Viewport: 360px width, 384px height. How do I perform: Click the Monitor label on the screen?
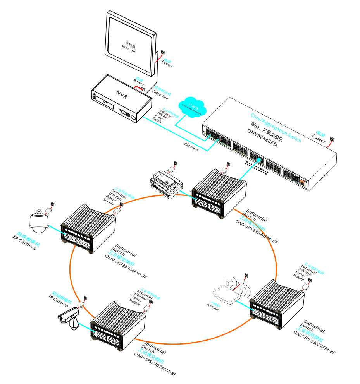tap(129, 47)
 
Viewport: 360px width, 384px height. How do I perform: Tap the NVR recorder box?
tap(121, 99)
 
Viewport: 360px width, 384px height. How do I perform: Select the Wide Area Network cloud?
tap(193, 107)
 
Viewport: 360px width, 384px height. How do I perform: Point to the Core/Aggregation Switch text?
tap(276, 128)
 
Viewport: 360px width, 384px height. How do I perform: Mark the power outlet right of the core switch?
tap(332, 139)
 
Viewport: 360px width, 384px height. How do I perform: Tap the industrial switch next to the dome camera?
tap(89, 228)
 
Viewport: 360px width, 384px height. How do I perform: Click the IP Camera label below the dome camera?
tap(24, 245)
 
